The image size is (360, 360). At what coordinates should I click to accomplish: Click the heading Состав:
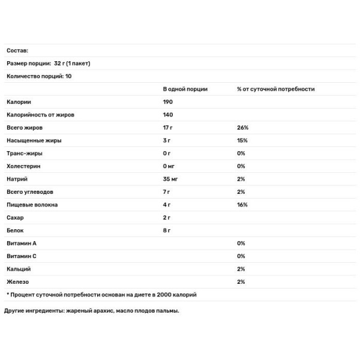(17, 51)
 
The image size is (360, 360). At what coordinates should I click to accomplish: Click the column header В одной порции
(185, 89)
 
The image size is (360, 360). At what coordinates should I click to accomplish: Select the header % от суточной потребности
(275, 89)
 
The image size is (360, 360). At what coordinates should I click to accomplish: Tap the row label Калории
(19, 102)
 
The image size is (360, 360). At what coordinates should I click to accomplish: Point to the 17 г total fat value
(169, 128)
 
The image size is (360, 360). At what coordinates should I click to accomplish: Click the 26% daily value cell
(243, 128)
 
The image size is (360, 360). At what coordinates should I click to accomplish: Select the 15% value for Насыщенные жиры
(242, 140)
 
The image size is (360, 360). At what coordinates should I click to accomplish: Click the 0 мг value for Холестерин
(169, 166)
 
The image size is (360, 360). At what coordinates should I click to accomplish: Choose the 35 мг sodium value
(170, 179)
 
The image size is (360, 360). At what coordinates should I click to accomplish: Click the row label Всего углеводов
(29, 192)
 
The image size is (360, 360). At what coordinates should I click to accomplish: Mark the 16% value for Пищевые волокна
(243, 205)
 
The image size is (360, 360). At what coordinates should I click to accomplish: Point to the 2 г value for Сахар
(167, 217)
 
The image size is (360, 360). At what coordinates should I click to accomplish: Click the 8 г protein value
(167, 230)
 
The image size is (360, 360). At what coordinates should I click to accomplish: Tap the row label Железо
(17, 282)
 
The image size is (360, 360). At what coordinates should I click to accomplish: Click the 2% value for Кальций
(241, 269)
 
